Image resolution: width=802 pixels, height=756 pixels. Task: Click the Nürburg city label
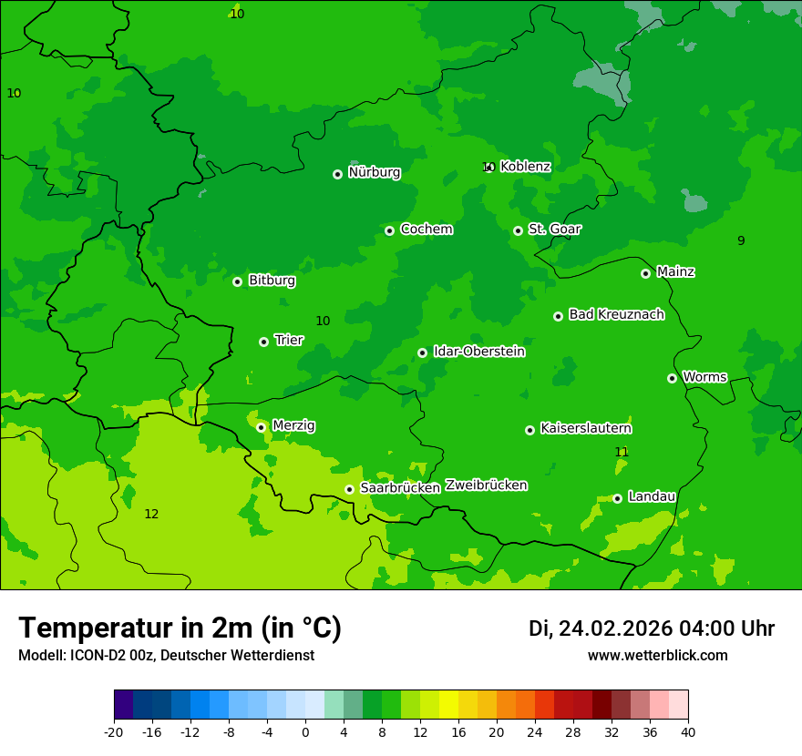point(374,172)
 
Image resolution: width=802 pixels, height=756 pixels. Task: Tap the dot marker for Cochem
point(389,230)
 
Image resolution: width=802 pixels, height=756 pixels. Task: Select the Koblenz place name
point(525,167)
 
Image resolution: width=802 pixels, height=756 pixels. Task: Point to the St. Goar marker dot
point(518,230)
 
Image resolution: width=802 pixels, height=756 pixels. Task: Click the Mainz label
point(675,271)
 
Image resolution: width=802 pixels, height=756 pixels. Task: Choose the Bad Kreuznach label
point(616,314)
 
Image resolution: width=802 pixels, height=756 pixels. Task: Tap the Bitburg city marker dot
point(237,281)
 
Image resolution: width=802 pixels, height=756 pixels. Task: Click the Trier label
point(289,340)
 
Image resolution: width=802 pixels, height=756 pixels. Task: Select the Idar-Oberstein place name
point(478,351)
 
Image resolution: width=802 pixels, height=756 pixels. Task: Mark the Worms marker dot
point(672,378)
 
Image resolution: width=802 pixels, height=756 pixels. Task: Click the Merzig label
point(293,425)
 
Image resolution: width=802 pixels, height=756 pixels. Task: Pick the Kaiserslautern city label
point(586,428)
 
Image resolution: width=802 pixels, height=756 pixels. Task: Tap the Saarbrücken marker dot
point(349,489)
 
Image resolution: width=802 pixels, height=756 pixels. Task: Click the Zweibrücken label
point(486,485)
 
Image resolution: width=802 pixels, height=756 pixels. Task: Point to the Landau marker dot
point(617,498)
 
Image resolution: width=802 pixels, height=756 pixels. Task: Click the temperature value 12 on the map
point(151,515)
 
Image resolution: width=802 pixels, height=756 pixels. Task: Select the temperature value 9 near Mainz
point(741,240)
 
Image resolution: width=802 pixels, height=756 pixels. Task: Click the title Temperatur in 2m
point(180,628)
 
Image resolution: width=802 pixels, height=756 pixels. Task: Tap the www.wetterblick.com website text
point(657,655)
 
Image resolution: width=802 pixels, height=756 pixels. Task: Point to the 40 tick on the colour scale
point(688,731)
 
